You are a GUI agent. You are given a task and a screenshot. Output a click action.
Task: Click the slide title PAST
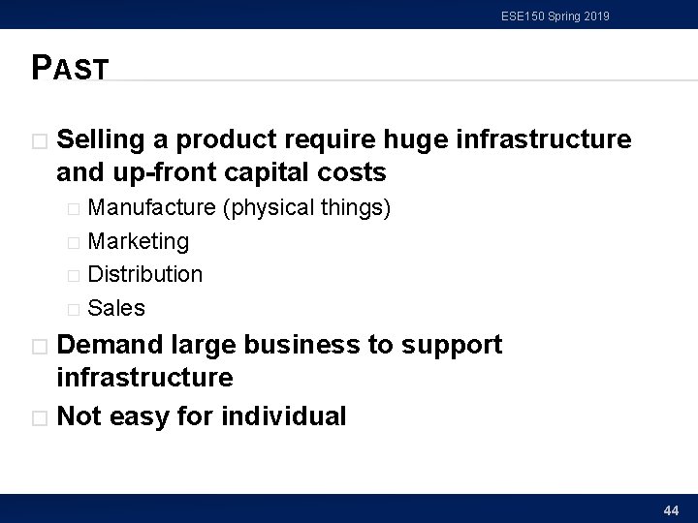(70, 67)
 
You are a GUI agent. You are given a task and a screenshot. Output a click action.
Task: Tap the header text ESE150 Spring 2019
(555, 15)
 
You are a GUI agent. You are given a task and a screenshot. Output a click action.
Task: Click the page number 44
(670, 509)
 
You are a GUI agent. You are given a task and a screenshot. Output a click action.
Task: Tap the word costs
(352, 173)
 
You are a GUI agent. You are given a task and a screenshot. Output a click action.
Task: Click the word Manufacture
(151, 207)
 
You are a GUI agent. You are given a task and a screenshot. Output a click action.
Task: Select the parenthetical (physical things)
(306, 207)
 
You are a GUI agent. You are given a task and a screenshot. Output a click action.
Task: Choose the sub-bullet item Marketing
(138, 241)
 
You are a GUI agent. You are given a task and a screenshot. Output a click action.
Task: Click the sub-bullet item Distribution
(144, 274)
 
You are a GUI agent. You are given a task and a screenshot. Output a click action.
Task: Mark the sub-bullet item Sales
(116, 308)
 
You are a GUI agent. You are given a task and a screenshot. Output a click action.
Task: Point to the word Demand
(109, 345)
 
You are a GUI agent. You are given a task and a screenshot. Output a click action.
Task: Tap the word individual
(283, 416)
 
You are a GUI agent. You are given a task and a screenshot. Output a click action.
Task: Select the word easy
(143, 416)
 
